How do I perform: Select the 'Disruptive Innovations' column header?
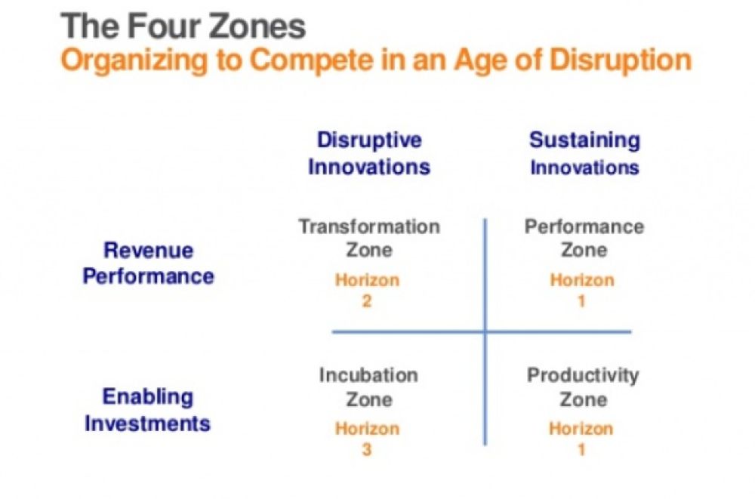click(369, 153)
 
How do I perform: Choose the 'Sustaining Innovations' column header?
click(584, 153)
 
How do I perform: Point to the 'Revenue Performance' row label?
click(148, 263)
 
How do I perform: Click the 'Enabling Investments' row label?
click(148, 409)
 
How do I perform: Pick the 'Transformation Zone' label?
click(369, 237)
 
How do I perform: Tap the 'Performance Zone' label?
click(584, 237)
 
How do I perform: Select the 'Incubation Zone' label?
click(368, 387)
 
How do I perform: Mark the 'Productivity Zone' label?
click(583, 387)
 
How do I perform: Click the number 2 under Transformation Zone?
click(368, 301)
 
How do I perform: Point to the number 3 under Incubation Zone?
click(368, 450)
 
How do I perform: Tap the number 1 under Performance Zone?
click(582, 301)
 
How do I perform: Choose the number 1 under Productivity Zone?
click(581, 450)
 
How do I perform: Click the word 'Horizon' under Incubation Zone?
click(368, 429)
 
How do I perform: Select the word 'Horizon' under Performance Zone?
click(582, 281)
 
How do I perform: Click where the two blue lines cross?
click(485, 331)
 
